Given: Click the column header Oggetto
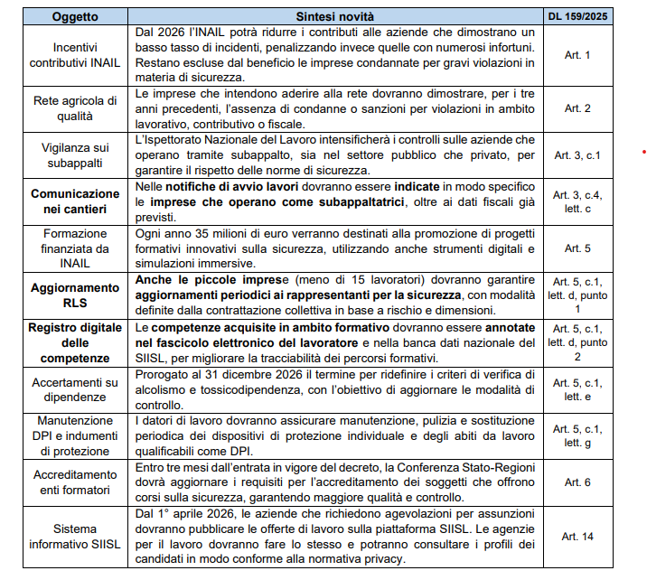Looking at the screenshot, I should coord(76,16).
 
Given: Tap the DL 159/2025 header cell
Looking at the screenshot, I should coord(577,16).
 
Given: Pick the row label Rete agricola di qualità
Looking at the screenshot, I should coord(76,108).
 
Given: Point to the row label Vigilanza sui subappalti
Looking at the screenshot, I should coord(76,154).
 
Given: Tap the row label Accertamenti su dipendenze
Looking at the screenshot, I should coord(76,389).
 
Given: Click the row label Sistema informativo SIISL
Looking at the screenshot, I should coord(76,537).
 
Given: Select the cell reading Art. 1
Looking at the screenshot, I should coord(577,56).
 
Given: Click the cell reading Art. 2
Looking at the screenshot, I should coord(577,108).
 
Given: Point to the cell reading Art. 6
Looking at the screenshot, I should coord(577,482).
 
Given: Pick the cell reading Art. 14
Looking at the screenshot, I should coord(577,537).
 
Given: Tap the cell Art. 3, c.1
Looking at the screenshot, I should coord(577,154).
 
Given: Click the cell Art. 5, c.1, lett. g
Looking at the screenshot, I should coord(577,435).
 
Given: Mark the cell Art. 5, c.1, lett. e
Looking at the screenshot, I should coord(577,389).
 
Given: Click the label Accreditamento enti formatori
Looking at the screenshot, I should coord(76,482).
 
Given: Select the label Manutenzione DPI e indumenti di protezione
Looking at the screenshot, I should coord(76,435).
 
